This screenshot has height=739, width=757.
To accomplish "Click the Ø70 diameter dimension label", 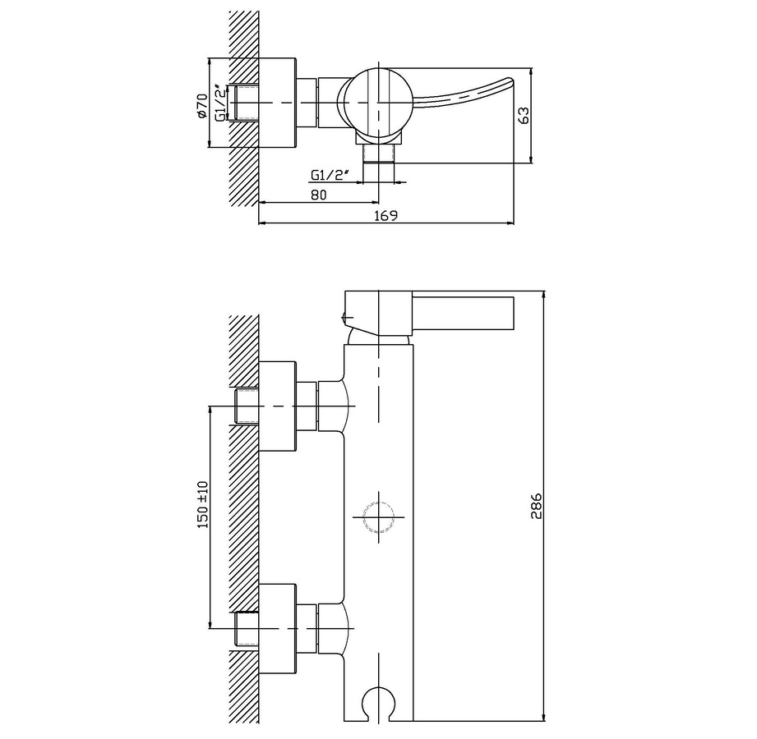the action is pos(202,106).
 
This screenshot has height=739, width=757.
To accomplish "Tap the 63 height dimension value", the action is pos(524,115).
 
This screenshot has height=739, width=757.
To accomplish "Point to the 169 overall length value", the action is pos(385,215).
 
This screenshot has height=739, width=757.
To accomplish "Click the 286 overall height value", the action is pos(537,506).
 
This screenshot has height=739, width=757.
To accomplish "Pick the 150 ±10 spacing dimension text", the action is pos(202,504).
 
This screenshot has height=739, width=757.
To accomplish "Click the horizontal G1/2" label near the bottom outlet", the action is pos(330,175).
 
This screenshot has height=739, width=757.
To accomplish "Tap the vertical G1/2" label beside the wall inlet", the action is pos(220,103).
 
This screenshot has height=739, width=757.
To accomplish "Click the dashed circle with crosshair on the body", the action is pos(378,517).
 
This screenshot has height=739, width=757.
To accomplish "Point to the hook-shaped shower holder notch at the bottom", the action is pos(377,704).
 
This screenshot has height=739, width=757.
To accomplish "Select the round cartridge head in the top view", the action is pos(380,103).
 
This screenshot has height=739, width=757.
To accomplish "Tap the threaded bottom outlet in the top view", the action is pos(379,154).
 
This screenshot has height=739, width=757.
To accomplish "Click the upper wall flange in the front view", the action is pos(277,406).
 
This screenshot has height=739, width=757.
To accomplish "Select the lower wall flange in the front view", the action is pos(277,629).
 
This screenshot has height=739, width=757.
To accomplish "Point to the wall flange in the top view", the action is pos(277,103).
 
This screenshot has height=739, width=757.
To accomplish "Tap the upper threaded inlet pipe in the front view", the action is pos(247,406).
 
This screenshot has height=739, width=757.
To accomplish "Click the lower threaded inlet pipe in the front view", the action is pos(247,628).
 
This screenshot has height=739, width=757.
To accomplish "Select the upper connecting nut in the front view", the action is pos(307,406).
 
